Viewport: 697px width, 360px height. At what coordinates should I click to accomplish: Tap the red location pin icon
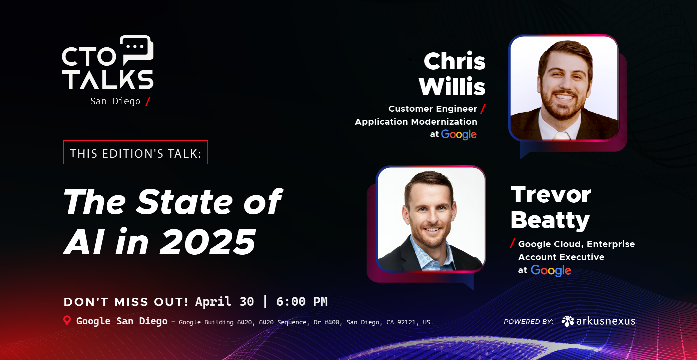pyautogui.click(x=67, y=320)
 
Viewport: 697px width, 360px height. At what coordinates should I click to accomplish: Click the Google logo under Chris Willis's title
pyautogui.click(x=459, y=134)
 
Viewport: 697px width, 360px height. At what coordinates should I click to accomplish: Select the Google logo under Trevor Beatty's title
pyautogui.click(x=551, y=270)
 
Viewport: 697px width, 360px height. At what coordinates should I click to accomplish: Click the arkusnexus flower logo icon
pyautogui.click(x=568, y=321)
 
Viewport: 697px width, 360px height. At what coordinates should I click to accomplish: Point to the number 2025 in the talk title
pyautogui.click(x=207, y=242)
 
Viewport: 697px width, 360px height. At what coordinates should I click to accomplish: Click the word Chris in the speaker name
pyautogui.click(x=454, y=61)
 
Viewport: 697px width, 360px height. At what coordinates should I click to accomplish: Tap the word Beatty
pyautogui.click(x=550, y=220)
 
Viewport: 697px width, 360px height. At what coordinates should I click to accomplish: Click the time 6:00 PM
pyautogui.click(x=301, y=301)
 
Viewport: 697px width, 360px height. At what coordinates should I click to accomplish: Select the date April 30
pyautogui.click(x=224, y=301)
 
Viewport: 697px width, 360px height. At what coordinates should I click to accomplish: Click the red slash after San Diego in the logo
pyautogui.click(x=148, y=101)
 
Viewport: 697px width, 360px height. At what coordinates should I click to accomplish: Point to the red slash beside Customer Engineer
pyautogui.click(x=483, y=109)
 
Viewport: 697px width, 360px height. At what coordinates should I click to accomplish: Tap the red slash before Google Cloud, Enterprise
pyautogui.click(x=513, y=243)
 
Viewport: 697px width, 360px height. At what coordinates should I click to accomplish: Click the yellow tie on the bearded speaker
pyautogui.click(x=562, y=135)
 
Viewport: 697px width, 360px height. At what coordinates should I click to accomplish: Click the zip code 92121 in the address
pyautogui.click(x=406, y=322)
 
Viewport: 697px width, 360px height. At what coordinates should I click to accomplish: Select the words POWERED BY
pyautogui.click(x=528, y=322)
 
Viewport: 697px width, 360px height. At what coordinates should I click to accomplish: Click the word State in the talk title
pyautogui.click(x=185, y=202)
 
